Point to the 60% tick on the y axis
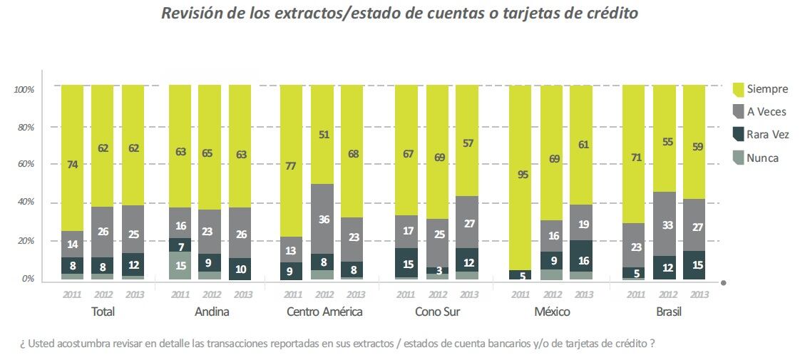pos(24,165)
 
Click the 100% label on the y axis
pos(23,89)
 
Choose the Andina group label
pos(211,312)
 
